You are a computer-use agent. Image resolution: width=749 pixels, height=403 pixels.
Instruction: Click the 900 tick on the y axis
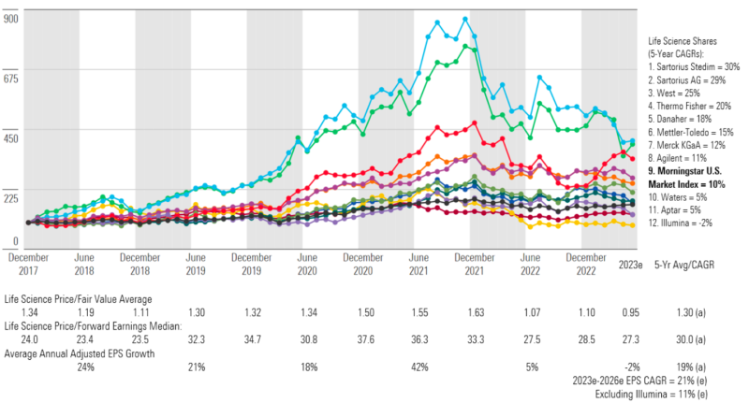pos(12,19)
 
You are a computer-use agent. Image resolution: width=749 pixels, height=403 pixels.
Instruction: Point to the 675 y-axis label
pos(12,79)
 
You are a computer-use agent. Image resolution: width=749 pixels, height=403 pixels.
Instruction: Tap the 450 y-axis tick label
pos(12,138)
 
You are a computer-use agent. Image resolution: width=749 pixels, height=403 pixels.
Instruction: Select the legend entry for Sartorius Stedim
pos(694,68)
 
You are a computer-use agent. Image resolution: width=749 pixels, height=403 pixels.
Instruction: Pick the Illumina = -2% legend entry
pos(686,224)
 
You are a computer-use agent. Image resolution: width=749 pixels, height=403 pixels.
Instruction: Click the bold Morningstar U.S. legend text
pos(694,172)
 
